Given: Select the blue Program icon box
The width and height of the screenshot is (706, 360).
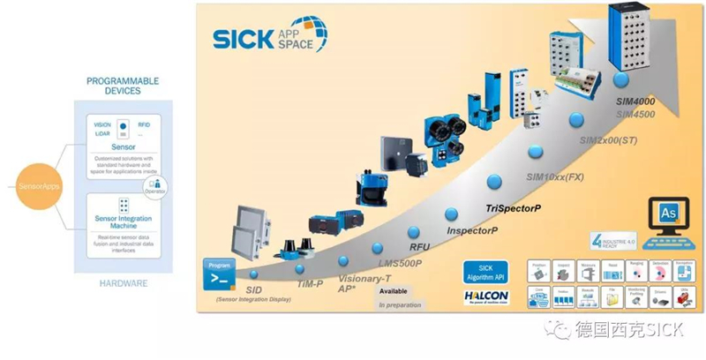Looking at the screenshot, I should [x=217, y=274].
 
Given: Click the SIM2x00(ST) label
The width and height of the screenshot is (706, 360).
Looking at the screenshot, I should [x=609, y=140].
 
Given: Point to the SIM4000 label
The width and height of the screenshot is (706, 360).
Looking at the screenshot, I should [x=635, y=102].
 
